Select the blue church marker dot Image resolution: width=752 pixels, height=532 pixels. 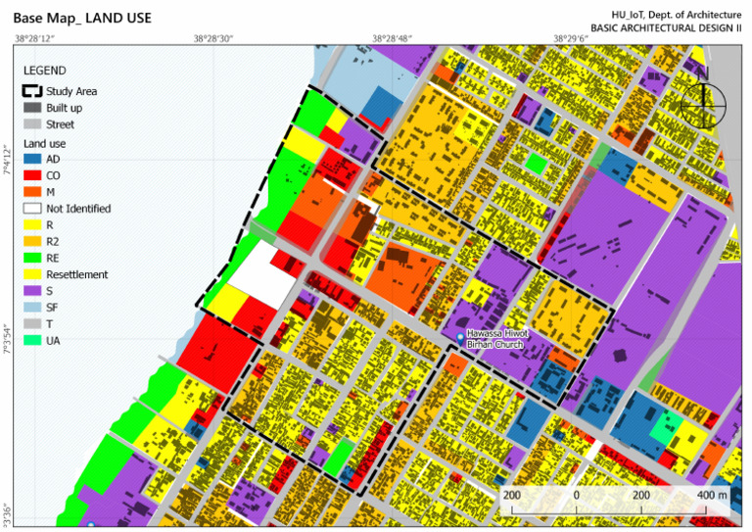point(460,337)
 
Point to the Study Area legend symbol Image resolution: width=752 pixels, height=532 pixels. point(32,91)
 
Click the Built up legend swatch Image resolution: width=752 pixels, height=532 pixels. point(32,108)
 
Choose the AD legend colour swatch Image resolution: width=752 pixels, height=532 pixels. point(32,159)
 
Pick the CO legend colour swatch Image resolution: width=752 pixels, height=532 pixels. point(32,175)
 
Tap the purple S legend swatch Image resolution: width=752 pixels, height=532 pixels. point(32,292)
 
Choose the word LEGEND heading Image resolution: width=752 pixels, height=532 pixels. point(45,72)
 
